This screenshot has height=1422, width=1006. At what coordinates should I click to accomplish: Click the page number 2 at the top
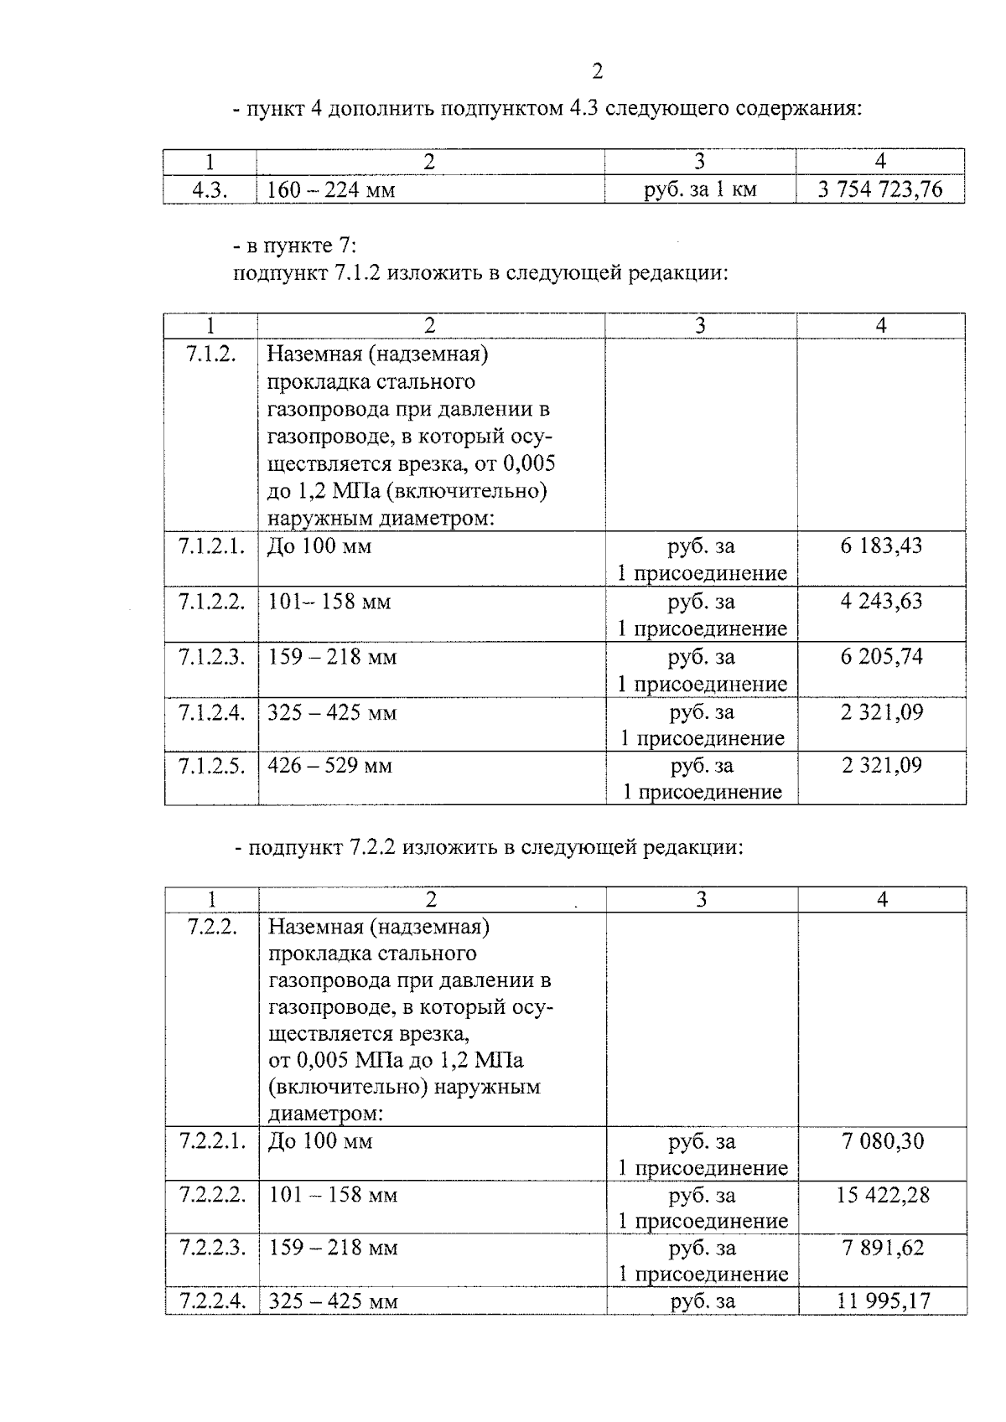597,72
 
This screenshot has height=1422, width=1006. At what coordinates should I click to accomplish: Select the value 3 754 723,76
880,189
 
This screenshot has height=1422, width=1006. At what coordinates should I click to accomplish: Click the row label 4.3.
209,189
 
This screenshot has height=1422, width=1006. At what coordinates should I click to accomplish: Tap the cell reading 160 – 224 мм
331,190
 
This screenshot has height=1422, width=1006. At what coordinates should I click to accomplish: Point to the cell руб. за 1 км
700,190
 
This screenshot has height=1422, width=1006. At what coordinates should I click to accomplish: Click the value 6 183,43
881,546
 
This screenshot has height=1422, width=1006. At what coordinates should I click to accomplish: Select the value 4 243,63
881,601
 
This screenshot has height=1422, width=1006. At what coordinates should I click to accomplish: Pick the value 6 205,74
881,656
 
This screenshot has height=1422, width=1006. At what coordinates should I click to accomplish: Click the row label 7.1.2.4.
211,712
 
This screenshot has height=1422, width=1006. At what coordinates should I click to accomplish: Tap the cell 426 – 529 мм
330,765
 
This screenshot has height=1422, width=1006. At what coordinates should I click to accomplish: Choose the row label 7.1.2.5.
211,765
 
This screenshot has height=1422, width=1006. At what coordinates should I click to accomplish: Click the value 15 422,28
883,1195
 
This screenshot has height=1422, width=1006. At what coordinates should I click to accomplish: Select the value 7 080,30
883,1140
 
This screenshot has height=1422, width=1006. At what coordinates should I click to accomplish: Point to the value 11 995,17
883,1300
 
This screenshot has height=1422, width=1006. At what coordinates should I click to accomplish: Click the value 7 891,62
883,1248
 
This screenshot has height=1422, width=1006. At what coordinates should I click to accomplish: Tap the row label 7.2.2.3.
212,1248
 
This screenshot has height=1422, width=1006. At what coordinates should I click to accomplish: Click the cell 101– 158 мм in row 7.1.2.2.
329,602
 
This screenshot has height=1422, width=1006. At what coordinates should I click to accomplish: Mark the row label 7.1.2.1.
211,546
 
